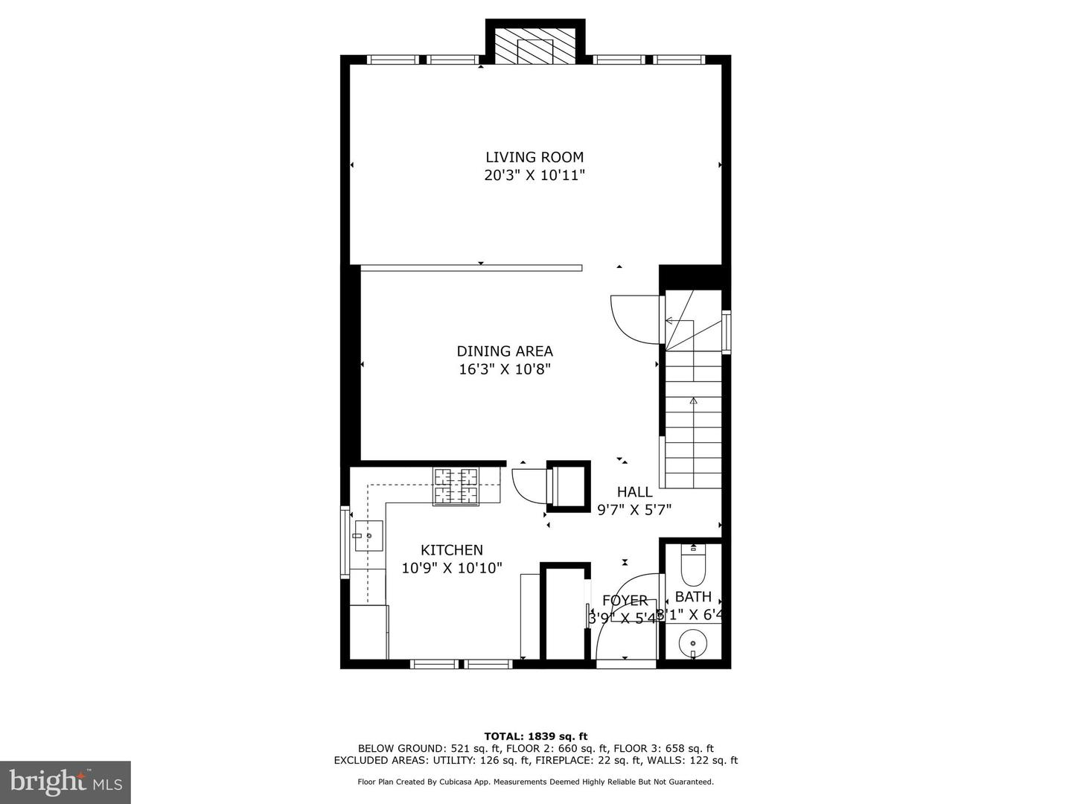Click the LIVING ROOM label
(535, 157)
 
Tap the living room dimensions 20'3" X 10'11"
(535, 176)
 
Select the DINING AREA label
(505, 351)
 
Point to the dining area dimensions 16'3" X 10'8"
(505, 369)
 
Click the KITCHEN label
(452, 550)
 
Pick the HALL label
(634, 492)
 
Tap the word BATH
(693, 597)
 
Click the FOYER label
(625, 601)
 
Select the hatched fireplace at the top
(536, 46)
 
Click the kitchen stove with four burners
(457, 486)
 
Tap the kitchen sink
(368, 536)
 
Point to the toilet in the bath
(693, 566)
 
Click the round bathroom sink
(693, 642)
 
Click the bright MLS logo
(66, 782)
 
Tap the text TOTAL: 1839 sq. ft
(536, 736)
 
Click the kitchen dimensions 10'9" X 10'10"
(452, 568)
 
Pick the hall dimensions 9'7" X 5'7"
(634, 510)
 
